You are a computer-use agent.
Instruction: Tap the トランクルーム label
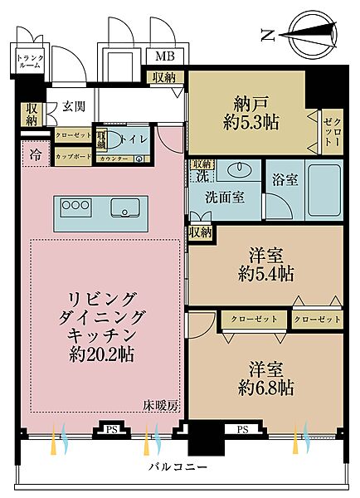[x=28, y=61]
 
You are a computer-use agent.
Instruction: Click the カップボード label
[x=73, y=156]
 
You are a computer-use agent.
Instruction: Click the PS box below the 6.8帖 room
[x=243, y=430]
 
